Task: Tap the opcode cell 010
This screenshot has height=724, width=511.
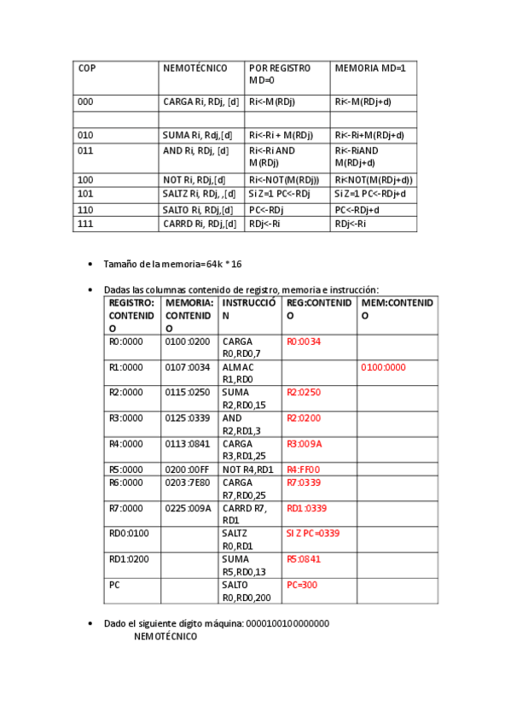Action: [85, 135]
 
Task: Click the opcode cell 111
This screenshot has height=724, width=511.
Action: [85, 224]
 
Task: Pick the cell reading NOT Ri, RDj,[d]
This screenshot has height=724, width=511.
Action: [194, 179]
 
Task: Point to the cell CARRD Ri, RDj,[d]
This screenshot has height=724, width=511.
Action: [197, 224]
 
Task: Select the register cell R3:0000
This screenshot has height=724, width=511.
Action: [126, 418]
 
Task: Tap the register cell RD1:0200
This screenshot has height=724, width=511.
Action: [130, 559]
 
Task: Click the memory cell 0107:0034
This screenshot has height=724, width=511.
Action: [188, 367]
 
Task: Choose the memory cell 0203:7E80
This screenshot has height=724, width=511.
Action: [188, 482]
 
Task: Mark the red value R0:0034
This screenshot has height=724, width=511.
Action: [304, 342]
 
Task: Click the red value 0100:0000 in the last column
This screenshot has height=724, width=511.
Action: [384, 367]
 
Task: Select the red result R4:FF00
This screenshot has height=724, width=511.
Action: [304, 470]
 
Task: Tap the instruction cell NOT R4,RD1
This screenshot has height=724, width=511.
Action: [247, 470]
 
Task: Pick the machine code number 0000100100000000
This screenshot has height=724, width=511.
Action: [287, 624]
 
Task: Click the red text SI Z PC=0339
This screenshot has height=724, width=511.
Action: [313, 534]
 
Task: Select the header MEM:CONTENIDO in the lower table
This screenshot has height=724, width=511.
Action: [397, 309]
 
